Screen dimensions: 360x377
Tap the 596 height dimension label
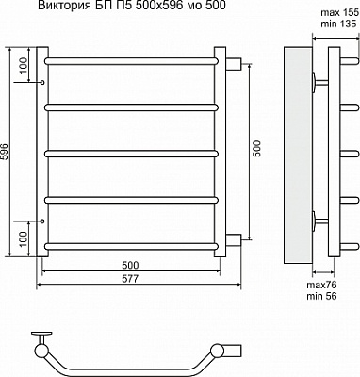click(x=4, y=152)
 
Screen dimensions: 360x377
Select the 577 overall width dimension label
click(x=130, y=279)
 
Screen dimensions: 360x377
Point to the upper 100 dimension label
click(x=24, y=66)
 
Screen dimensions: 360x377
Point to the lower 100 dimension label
click(x=24, y=238)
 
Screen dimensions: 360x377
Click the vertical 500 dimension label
click(x=256, y=149)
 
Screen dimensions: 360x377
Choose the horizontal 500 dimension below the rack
click(x=130, y=265)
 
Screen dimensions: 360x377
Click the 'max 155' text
click(x=339, y=13)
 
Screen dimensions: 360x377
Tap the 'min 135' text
click(x=339, y=24)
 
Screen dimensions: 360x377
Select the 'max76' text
click(x=321, y=285)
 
